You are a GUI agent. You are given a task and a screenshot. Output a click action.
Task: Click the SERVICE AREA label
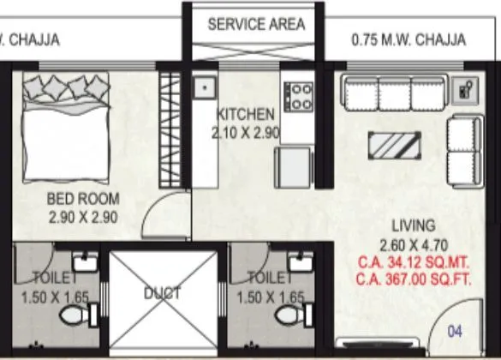pyautogui.click(x=256, y=24)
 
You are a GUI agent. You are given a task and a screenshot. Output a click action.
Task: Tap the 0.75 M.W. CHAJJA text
pyautogui.click(x=409, y=40)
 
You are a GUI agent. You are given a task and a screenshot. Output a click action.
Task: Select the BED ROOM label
pyautogui.click(x=83, y=200)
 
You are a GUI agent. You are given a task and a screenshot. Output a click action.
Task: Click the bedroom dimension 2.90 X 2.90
pyautogui.click(x=83, y=217)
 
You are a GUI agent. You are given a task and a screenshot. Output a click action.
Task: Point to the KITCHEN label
pyautogui.click(x=246, y=114)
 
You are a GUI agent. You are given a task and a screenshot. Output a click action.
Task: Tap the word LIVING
pyautogui.click(x=414, y=225)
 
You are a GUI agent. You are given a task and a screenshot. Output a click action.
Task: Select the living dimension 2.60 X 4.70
pyautogui.click(x=414, y=243)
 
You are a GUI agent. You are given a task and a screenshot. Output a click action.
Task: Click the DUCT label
pyautogui.click(x=162, y=293)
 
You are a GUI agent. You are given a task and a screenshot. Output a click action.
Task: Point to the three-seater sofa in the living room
pyautogui.click(x=391, y=93)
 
